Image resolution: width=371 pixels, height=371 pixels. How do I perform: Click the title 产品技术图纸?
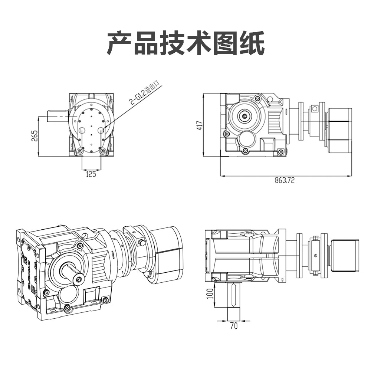[185, 44]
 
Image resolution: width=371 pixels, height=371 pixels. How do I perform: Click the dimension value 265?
[34, 136]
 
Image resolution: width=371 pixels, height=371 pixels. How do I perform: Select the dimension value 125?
[91, 174]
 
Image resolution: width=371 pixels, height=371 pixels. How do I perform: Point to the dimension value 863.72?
[285, 181]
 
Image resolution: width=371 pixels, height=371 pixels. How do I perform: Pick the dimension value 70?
[234, 326]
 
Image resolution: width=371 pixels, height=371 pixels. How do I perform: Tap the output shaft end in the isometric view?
[78, 278]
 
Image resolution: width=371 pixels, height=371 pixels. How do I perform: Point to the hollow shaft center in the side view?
[244, 116]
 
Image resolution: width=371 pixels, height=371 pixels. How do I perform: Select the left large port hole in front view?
[82, 130]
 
